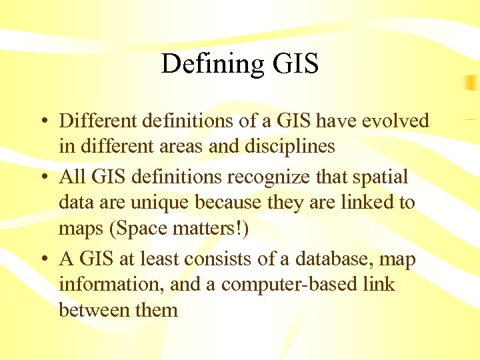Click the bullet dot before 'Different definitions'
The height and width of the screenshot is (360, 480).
tap(42, 121)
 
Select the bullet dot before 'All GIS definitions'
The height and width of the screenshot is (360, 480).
tap(42, 177)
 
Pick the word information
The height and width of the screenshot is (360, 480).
tap(111, 284)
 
